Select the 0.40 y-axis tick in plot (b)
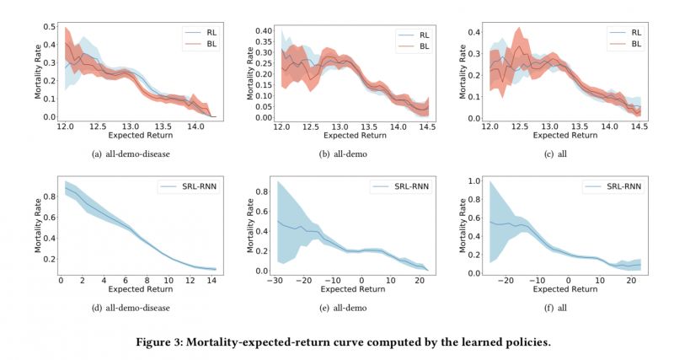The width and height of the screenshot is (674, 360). point(263,30)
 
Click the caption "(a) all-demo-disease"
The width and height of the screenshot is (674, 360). point(130,153)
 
